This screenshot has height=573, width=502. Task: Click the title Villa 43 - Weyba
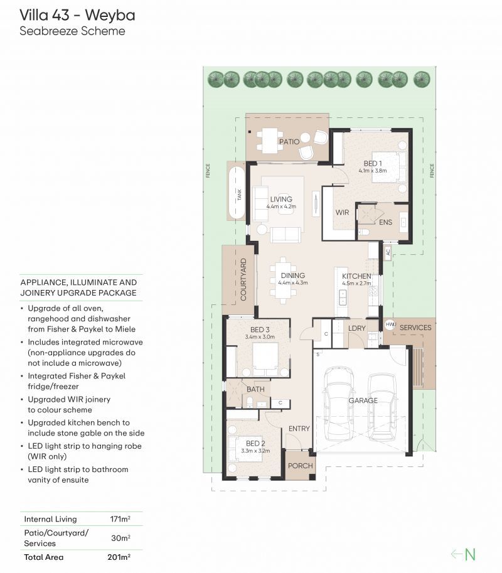(x=77, y=14)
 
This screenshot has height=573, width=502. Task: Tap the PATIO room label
(x=289, y=142)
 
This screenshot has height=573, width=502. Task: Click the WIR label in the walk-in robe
(x=342, y=213)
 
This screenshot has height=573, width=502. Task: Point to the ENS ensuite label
(x=385, y=222)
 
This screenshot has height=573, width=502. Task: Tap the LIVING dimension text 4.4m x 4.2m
(x=280, y=206)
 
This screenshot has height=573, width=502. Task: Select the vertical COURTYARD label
(x=243, y=280)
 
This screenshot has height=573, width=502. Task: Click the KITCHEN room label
(x=356, y=276)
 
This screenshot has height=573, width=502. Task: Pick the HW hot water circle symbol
(x=390, y=324)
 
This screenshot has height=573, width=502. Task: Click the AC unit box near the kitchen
(x=388, y=252)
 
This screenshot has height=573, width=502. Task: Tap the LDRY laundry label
(x=357, y=328)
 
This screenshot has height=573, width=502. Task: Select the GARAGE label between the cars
(x=363, y=400)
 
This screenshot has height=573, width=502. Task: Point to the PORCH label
(x=299, y=467)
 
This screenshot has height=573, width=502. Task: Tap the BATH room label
(x=255, y=389)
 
